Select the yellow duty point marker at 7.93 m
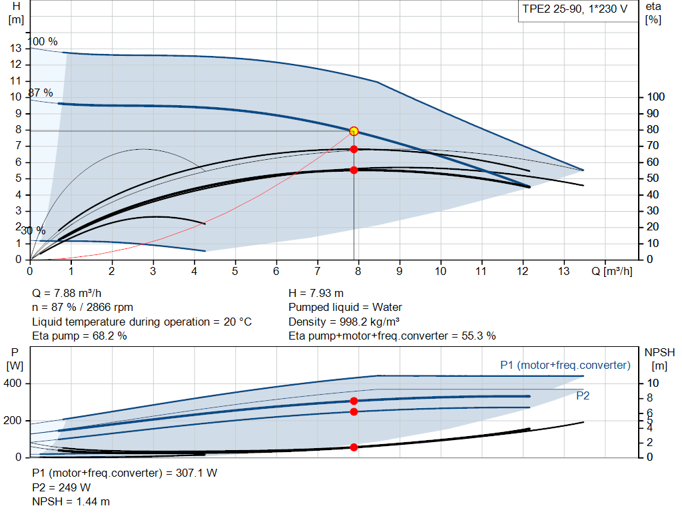click(354, 131)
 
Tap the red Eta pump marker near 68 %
click(354, 149)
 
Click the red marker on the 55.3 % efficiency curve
click(354, 170)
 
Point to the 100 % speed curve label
click(43, 41)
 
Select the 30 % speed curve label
click(33, 231)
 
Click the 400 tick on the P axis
click(15, 384)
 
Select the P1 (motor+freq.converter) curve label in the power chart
click(565, 365)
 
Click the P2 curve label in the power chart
click(582, 395)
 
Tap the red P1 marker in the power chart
click(354, 401)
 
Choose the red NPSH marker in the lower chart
click(354, 447)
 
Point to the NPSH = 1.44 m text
click(71, 501)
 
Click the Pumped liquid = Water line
click(345, 307)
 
